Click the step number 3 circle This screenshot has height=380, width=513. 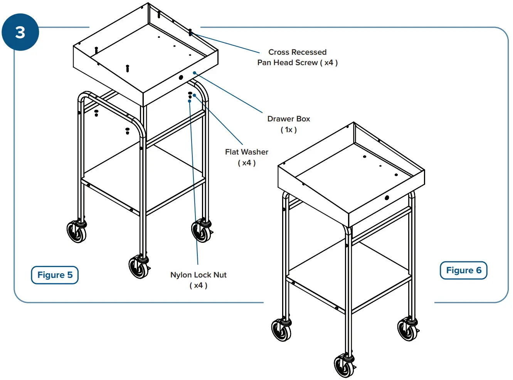coord(20,32)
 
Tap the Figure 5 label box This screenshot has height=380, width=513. coord(55,275)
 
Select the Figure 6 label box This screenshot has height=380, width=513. coord(463,270)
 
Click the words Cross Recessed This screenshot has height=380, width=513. coord(297,52)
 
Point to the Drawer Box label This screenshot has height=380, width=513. coord(289,119)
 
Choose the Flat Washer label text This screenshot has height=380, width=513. coord(247,152)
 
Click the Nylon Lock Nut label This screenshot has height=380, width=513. coord(198,275)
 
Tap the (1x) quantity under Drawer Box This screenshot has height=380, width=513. coord(289,130)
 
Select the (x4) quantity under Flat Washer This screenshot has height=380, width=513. coord(247,163)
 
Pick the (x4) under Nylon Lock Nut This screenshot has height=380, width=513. coord(198,286)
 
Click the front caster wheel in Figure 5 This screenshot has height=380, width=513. coord(138,267)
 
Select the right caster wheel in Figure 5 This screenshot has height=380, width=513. coord(201,231)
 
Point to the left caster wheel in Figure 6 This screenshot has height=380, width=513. coord(281,330)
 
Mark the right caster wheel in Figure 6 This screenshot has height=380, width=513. coord(407,330)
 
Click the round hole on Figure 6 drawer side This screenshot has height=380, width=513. coord(387,198)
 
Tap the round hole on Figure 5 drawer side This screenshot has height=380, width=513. coord(181,77)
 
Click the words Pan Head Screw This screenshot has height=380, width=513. coord(288,63)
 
